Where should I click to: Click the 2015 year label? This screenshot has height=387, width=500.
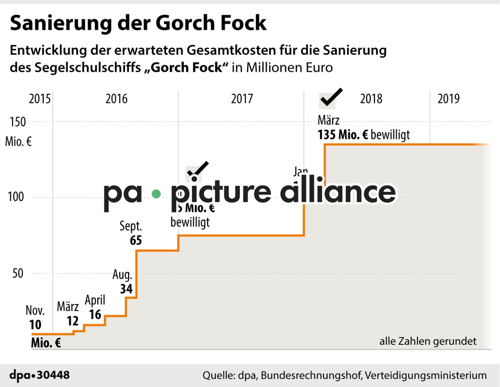39,99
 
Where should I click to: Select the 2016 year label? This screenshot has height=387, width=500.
116,99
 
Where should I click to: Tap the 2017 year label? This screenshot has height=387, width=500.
242,99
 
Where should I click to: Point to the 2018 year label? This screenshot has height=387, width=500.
371,99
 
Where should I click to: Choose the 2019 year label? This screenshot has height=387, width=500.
448,99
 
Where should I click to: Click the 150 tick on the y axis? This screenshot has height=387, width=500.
18,122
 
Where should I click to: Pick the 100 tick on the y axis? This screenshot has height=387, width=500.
16,196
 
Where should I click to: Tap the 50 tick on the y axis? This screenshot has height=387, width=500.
18,273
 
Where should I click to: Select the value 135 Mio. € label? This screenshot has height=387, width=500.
343,135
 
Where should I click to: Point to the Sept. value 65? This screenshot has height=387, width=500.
136,240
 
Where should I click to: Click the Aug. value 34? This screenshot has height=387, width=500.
126,289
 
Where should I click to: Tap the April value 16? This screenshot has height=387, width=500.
95,314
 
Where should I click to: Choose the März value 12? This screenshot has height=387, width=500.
73,321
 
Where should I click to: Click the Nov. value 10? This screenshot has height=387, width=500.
35,325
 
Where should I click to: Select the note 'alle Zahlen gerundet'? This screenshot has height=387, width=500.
428,341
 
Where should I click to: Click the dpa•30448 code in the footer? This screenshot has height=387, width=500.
39,375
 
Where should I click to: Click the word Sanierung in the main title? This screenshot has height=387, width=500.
61,23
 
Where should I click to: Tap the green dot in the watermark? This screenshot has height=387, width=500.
156,194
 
